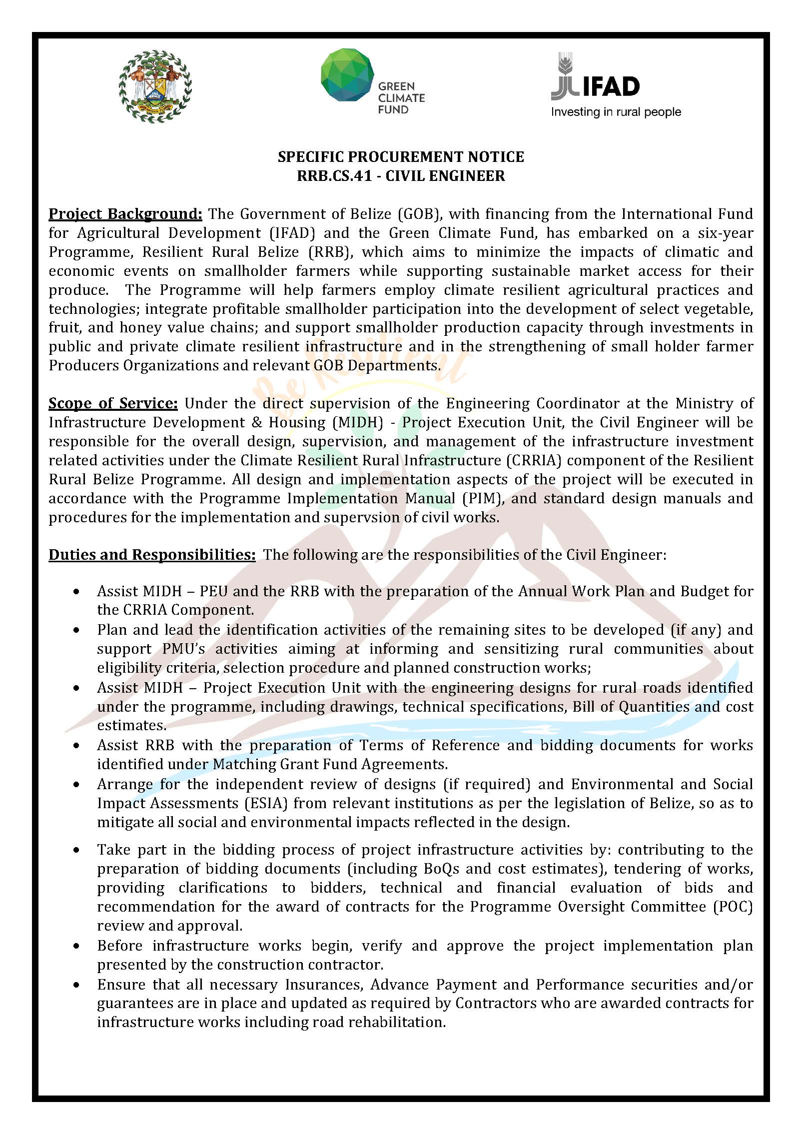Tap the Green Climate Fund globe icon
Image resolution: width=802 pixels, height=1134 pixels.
[347, 74]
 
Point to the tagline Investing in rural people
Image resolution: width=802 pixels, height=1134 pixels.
[616, 112]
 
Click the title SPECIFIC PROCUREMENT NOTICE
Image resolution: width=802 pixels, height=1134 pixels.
[401, 157]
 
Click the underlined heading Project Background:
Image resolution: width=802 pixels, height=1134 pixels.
[125, 214]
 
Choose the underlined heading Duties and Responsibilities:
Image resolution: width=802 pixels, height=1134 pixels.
[152, 555]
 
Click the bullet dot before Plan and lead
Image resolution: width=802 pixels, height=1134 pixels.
[76, 630]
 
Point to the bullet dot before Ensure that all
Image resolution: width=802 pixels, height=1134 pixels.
[76, 985]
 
